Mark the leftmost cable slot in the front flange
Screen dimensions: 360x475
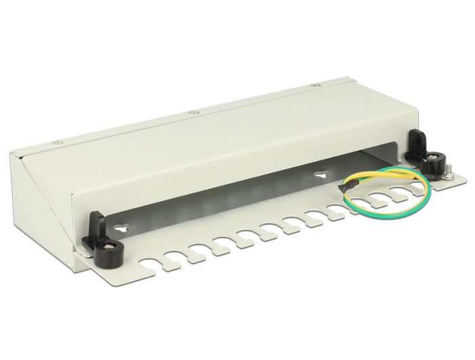click(153, 266)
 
